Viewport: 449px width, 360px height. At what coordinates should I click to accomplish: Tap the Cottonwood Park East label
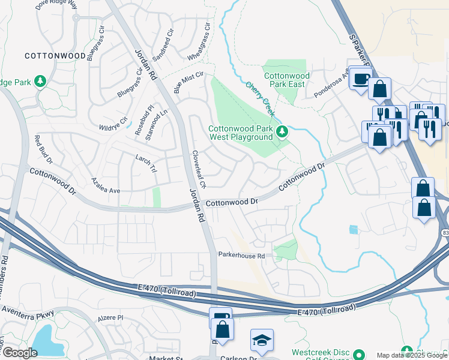tap(287, 80)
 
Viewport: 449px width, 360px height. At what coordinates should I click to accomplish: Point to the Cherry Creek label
tap(261, 96)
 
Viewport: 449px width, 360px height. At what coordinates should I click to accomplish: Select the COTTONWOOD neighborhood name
tap(55, 55)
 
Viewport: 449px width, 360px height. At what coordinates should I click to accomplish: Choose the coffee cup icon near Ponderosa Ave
tap(360, 78)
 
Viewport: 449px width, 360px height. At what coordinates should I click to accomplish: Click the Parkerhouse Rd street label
tap(241, 255)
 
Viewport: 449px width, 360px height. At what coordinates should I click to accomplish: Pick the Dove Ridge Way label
tap(57, 4)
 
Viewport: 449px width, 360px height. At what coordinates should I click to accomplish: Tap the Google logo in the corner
tap(19, 353)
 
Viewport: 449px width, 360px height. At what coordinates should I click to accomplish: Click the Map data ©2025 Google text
tap(412, 355)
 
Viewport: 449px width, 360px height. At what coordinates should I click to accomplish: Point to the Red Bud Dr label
tap(43, 150)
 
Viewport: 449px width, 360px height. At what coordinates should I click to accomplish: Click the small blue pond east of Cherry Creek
tap(353, 229)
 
